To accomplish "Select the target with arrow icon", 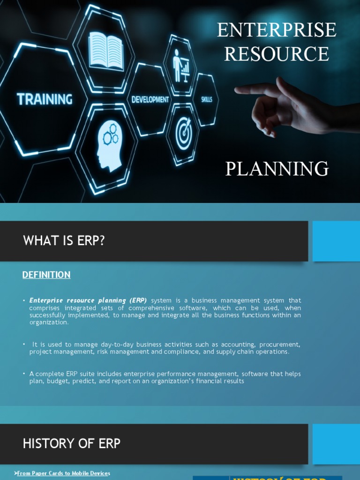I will pos(184,133).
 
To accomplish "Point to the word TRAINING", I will pos(45,99).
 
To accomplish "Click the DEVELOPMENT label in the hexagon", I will pos(150,99).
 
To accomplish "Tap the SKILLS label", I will pos(207,99).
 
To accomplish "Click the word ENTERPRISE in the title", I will pos(277,30).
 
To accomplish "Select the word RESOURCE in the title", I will pos(277,54).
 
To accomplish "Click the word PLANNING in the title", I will pos(277,169).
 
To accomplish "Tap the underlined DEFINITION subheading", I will pos(46,275).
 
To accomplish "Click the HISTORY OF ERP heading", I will pos(72,443).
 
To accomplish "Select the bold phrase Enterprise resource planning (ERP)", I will pos(88,300).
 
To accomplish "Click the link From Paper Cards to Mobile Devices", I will pos(63,473).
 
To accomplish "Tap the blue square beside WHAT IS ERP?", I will pos(336,241).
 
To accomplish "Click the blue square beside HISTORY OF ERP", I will pos(336,444).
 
